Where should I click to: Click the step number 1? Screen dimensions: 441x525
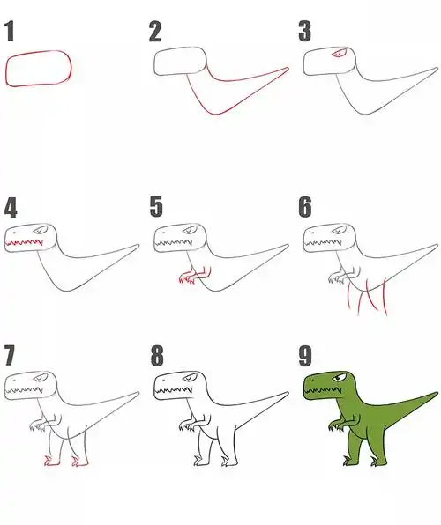click(10, 31)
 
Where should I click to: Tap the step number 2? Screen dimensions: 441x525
click(155, 32)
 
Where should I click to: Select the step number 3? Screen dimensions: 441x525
click(304, 32)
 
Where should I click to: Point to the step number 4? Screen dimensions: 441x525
click(11, 207)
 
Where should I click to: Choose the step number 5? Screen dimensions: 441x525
click(156, 207)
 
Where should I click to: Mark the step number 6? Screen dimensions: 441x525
click(305, 207)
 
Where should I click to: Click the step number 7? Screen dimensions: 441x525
click(10, 355)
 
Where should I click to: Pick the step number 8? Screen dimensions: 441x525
click(157, 356)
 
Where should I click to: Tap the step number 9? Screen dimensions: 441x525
click(305, 356)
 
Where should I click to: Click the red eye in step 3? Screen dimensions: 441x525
click(340, 54)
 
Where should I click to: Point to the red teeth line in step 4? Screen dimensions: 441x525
click(24, 242)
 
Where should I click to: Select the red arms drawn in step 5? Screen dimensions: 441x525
click(195, 275)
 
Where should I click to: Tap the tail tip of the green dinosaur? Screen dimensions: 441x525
click(437, 393)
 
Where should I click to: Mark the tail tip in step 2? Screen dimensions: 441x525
click(288, 69)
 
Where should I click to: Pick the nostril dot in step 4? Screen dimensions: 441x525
click(14, 232)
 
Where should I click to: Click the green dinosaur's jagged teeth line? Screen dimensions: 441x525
click(323, 389)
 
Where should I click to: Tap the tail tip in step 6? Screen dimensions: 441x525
click(437, 246)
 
